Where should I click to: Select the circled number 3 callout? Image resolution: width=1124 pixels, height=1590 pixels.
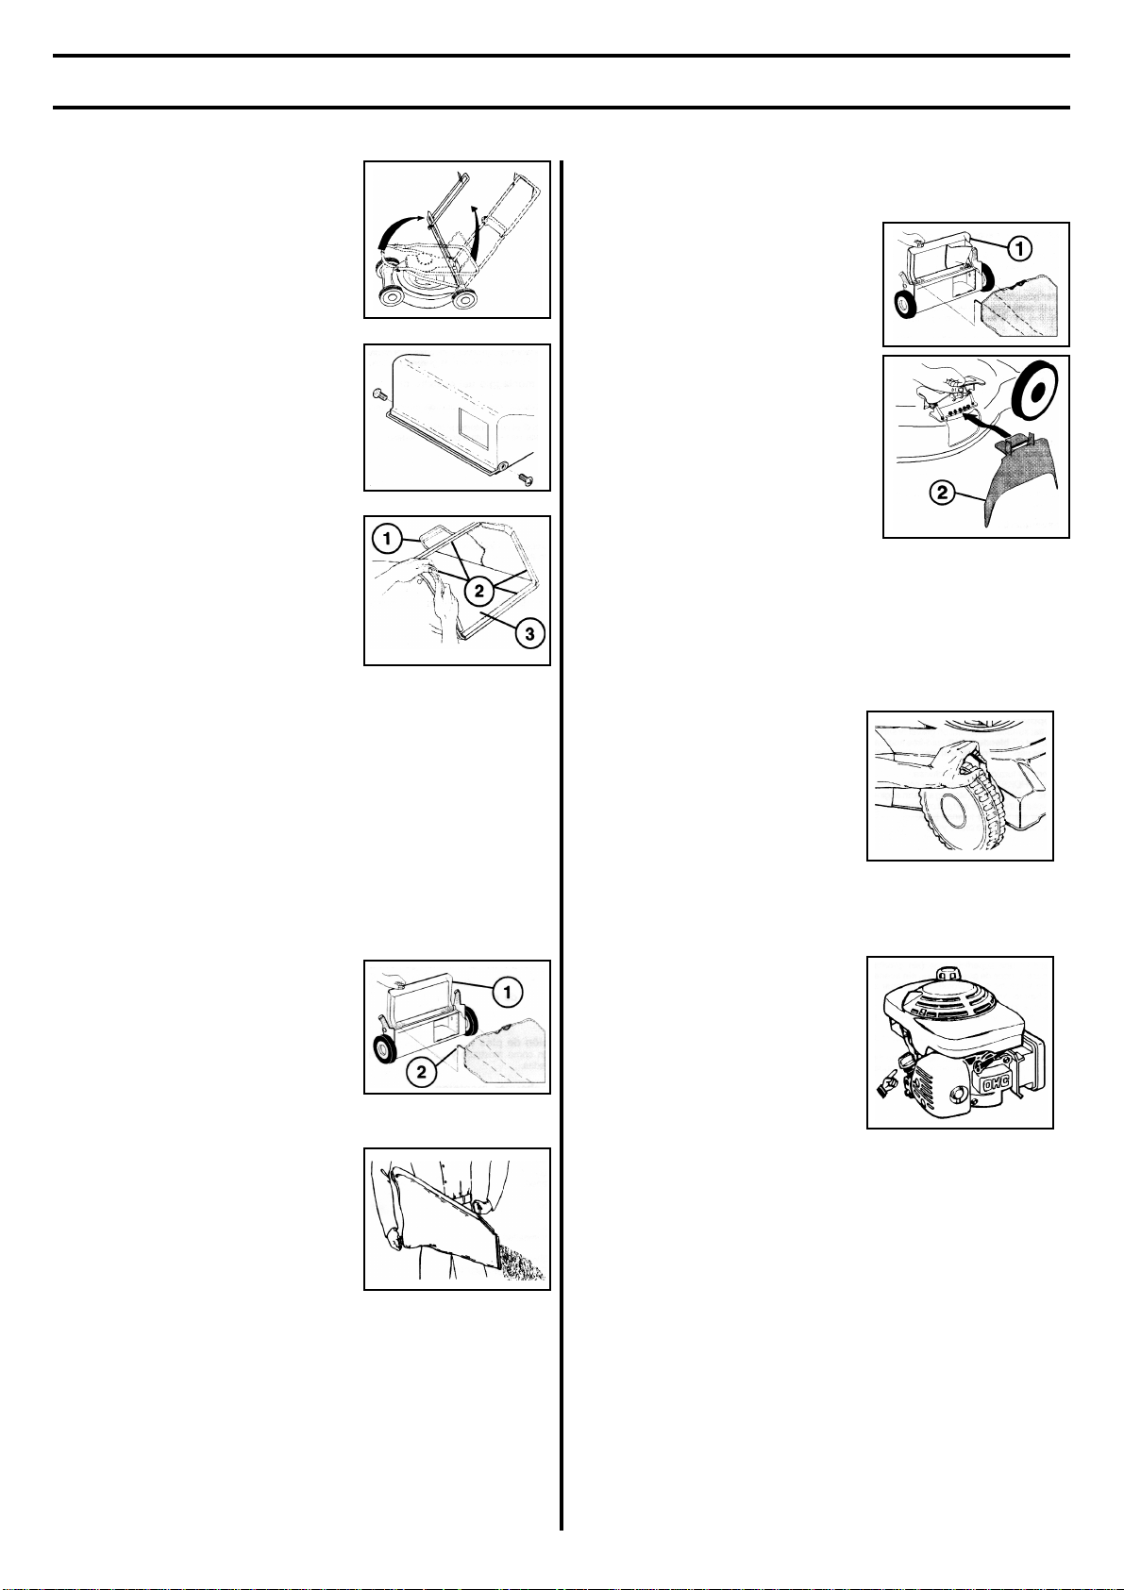click(x=529, y=633)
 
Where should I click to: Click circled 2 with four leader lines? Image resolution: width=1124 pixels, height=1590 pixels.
click(x=478, y=590)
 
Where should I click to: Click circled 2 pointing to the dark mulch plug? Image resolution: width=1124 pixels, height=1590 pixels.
click(x=942, y=492)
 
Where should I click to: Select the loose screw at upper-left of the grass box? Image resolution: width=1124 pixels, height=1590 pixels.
click(x=377, y=392)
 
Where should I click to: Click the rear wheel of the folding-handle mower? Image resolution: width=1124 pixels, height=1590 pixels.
click(x=465, y=299)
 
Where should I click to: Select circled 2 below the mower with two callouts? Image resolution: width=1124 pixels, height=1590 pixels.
click(x=421, y=1073)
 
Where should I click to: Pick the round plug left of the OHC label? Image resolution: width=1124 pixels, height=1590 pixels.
click(x=959, y=1092)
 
